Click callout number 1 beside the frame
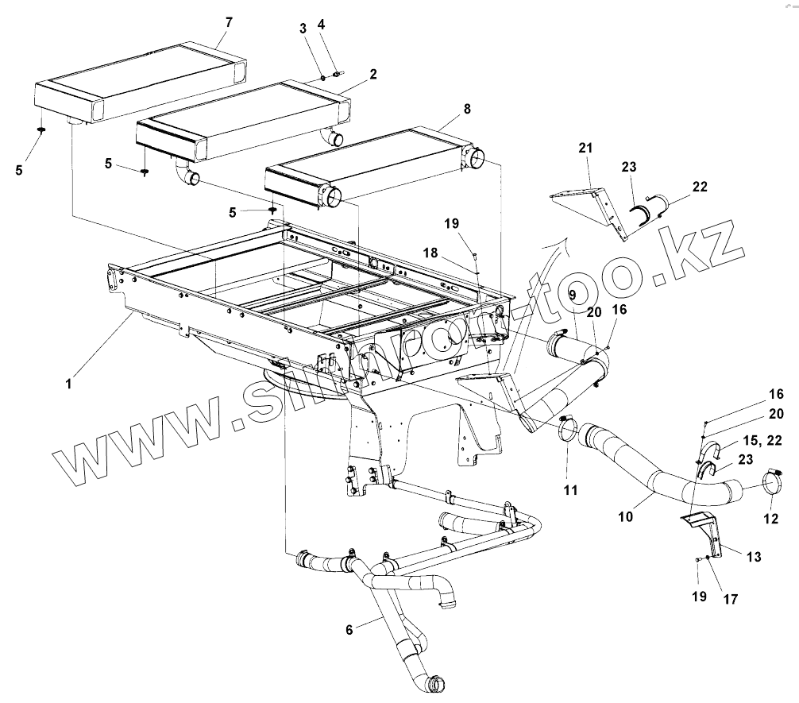70,384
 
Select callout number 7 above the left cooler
229,22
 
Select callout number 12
771,519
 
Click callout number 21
585,149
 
